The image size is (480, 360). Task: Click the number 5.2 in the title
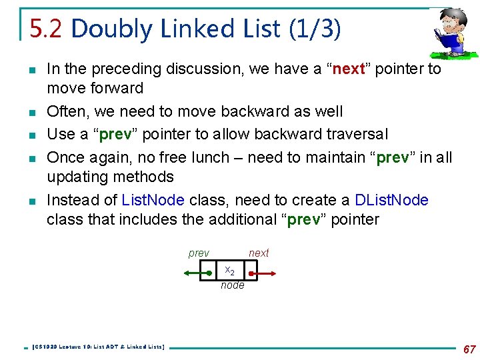pos(47,29)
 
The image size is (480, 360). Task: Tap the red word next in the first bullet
pos(348,69)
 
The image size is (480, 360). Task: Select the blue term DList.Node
pos(391,200)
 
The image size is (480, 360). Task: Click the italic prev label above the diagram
pos(199,253)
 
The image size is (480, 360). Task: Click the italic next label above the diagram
pos(259,253)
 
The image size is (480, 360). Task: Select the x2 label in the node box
pos(229,271)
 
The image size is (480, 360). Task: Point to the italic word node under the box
pos(233,285)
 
